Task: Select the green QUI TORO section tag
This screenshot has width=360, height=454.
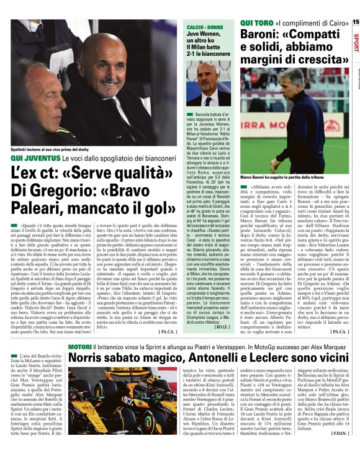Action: (x=254, y=23)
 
